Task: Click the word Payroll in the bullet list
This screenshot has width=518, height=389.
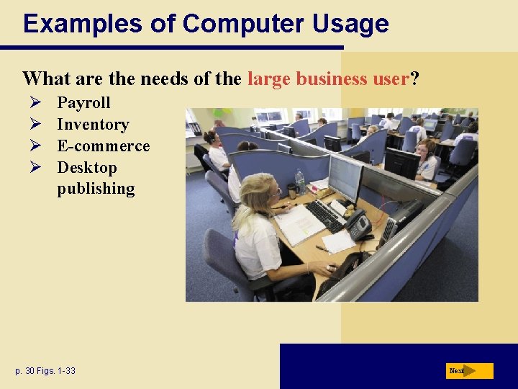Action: pos(83,103)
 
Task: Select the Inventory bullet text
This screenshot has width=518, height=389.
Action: pos(93,125)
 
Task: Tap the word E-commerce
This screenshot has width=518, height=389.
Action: pos(103,146)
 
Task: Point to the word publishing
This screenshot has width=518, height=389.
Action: pos(96,189)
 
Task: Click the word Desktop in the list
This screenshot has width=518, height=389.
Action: pos(86,168)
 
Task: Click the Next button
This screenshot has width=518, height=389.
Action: pos(469,371)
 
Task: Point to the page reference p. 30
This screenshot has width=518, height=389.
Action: pos(27,371)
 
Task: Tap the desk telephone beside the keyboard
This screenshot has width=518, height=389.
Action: pos(357,225)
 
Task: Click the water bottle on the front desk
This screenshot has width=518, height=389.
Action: pos(299,180)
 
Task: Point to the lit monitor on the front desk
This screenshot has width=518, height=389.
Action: pos(345,176)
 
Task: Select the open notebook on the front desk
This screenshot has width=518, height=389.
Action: pos(299,225)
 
